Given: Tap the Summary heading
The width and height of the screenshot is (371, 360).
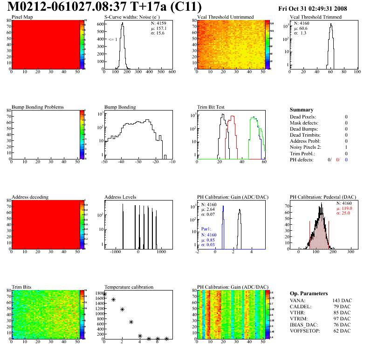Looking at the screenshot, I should pyautogui.click(x=302, y=110).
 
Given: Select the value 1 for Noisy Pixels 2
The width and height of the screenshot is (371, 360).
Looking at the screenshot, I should pyautogui.click(x=346, y=147).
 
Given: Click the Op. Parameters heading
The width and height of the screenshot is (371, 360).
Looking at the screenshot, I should pyautogui.click(x=309, y=293).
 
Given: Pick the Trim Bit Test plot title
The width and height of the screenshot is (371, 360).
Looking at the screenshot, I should pyautogui.click(x=211, y=107).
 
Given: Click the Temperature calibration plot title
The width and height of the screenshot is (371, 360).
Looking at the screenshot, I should pyautogui.click(x=129, y=287).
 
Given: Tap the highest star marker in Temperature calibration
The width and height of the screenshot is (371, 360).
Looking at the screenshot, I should pyautogui.click(x=104, y=295).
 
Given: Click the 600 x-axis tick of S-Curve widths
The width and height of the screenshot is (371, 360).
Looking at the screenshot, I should pyautogui.click(x=172, y=72).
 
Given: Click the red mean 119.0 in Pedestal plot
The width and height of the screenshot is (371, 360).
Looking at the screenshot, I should pyautogui.click(x=345, y=208).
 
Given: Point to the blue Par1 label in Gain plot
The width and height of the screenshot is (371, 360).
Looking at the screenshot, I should pyautogui.click(x=206, y=229).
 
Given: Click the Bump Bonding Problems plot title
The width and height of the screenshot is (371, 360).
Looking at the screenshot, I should pyautogui.click(x=38, y=107).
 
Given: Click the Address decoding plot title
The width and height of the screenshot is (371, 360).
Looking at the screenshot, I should pyautogui.click(x=30, y=197).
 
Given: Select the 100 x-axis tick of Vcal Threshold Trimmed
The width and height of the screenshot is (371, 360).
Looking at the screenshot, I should pyautogui.click(x=357, y=72).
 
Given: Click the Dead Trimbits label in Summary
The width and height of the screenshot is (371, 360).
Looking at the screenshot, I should pyautogui.click(x=305, y=135).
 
